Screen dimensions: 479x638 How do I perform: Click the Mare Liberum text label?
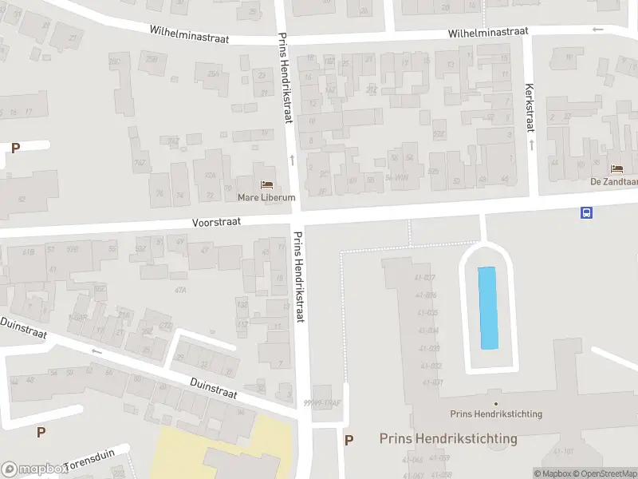266,197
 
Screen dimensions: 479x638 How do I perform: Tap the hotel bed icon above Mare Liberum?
266,184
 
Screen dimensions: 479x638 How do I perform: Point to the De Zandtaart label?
614,181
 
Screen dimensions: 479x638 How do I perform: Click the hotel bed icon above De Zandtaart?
616,168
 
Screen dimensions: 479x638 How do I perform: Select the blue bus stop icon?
586,212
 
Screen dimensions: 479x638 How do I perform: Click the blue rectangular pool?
487,307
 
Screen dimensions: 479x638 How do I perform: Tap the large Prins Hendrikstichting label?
448,438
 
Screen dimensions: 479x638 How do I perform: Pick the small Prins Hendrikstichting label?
496,414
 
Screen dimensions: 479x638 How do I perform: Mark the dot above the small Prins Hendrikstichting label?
496,403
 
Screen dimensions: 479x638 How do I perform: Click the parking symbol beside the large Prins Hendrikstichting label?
349,439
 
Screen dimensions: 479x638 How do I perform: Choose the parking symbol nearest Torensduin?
41,432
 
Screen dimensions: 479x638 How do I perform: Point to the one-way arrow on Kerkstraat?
532,144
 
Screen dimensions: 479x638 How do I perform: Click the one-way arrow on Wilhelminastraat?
597,30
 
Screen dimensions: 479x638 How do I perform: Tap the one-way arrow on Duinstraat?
97,350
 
